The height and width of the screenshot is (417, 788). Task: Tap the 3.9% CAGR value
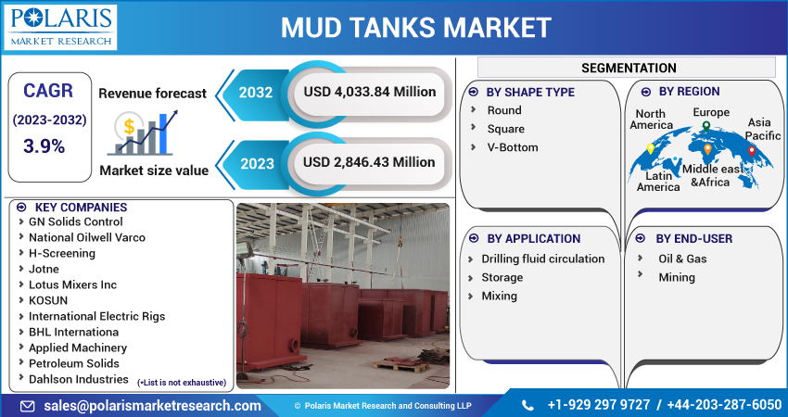click(x=44, y=145)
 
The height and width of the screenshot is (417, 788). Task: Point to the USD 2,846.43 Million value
click(x=369, y=162)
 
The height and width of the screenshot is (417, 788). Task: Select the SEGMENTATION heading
click(x=628, y=68)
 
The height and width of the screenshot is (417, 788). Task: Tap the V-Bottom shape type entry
click(x=513, y=147)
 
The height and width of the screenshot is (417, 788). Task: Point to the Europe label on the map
click(x=711, y=112)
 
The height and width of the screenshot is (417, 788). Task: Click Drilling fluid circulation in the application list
click(x=542, y=259)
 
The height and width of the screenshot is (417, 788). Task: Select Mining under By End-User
click(x=677, y=277)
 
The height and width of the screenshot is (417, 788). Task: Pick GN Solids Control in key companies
click(x=75, y=221)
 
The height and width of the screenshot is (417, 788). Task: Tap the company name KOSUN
click(x=48, y=300)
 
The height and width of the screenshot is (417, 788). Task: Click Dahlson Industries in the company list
click(x=79, y=379)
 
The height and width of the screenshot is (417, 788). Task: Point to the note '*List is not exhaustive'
click(x=182, y=383)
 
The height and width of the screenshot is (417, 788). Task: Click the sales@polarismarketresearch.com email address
click(x=153, y=405)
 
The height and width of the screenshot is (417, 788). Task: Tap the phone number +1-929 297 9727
click(x=599, y=405)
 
